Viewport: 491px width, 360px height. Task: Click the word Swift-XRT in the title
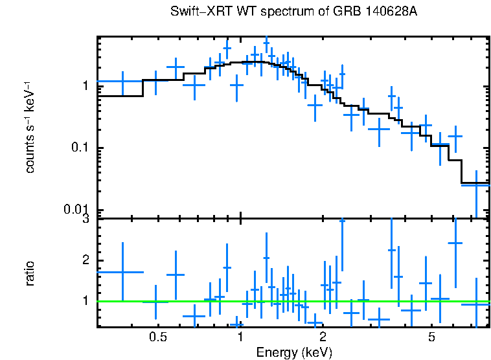pyautogui.click(x=198, y=12)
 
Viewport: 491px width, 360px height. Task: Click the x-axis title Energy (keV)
pyautogui.click(x=294, y=353)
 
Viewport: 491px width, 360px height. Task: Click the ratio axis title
pyautogui.click(x=30, y=273)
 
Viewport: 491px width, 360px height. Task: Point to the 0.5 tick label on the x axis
pyautogui.click(x=157, y=337)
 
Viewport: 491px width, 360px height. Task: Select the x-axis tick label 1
pyautogui.click(x=240, y=337)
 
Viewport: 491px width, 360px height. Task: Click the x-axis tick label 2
pyautogui.click(x=323, y=337)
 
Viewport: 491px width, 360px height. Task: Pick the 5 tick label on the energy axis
pyautogui.click(x=432, y=337)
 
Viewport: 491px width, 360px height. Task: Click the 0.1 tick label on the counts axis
pyautogui.click(x=79, y=148)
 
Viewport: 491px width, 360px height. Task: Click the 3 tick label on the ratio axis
pyautogui.click(x=85, y=220)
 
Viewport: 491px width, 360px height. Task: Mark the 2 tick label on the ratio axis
pyautogui.click(x=85, y=260)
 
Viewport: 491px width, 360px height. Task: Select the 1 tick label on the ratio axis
pyautogui.click(x=85, y=301)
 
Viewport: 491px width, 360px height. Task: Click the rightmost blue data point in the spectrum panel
pyautogui.click(x=476, y=185)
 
